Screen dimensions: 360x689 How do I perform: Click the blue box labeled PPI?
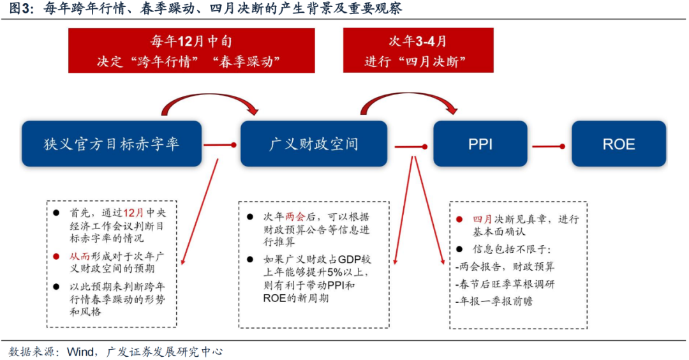click(x=480, y=144)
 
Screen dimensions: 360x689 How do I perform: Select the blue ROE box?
click(x=618, y=144)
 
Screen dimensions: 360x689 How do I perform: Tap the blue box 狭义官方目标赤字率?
click(x=112, y=144)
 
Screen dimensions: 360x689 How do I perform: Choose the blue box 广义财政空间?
click(x=313, y=144)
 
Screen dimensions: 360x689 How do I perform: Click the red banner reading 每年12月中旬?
click(x=191, y=50)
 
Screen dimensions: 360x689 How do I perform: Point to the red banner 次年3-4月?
click(x=418, y=50)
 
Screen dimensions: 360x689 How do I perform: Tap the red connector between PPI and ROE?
click(x=549, y=146)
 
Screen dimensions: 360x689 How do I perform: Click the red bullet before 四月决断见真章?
click(x=459, y=219)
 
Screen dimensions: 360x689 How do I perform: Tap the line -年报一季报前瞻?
click(x=494, y=301)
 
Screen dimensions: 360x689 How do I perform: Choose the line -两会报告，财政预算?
click(x=505, y=267)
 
